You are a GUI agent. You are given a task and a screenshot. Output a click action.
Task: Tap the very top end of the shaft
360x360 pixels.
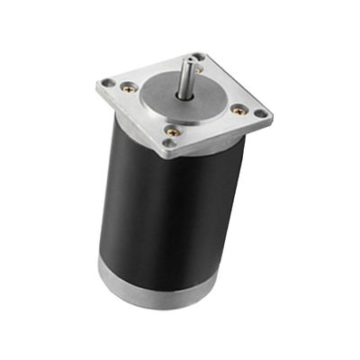click(x=191, y=59)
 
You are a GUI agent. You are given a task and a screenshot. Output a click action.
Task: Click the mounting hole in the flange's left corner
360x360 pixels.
click(x=108, y=84)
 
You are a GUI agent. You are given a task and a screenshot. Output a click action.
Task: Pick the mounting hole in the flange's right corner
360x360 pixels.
click(x=261, y=114)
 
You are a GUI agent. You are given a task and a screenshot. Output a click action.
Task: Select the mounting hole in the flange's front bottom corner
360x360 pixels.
click(x=168, y=144)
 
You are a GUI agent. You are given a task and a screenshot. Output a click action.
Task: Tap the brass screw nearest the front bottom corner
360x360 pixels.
click(x=171, y=131)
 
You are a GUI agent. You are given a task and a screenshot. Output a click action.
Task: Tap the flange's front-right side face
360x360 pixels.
click(x=225, y=139)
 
